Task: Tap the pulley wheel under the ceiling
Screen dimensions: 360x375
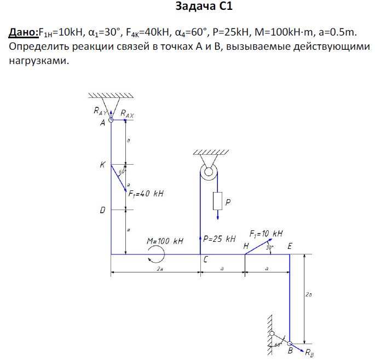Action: coord(209,172)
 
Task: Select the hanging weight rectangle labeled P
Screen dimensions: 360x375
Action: coord(217,201)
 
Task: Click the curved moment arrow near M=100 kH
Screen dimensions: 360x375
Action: coord(155,254)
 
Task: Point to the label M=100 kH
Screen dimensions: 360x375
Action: coord(164,241)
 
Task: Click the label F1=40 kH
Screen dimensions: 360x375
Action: coord(146,194)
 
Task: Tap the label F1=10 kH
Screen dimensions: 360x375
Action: coord(266,234)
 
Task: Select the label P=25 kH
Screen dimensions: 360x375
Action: coord(219,239)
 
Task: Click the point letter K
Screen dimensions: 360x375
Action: coord(102,164)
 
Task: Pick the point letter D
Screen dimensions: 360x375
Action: coord(102,210)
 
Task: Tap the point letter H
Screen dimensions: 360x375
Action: coord(246,247)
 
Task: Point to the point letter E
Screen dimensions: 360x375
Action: coord(289,247)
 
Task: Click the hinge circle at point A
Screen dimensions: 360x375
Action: coord(111,121)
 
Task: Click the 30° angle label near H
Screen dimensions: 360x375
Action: coord(269,247)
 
